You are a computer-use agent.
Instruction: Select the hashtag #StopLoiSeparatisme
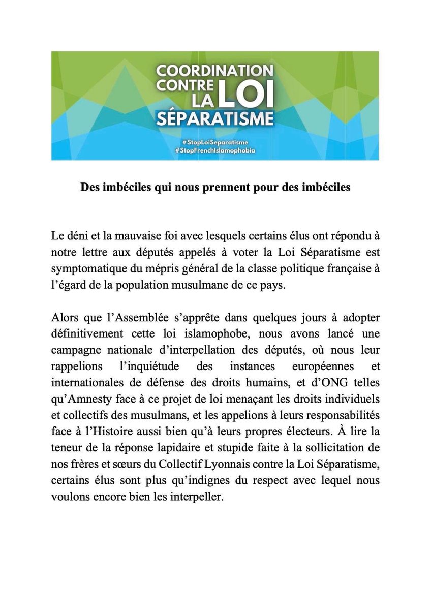pos(215,142)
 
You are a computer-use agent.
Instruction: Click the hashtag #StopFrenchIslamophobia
pos(215,151)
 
